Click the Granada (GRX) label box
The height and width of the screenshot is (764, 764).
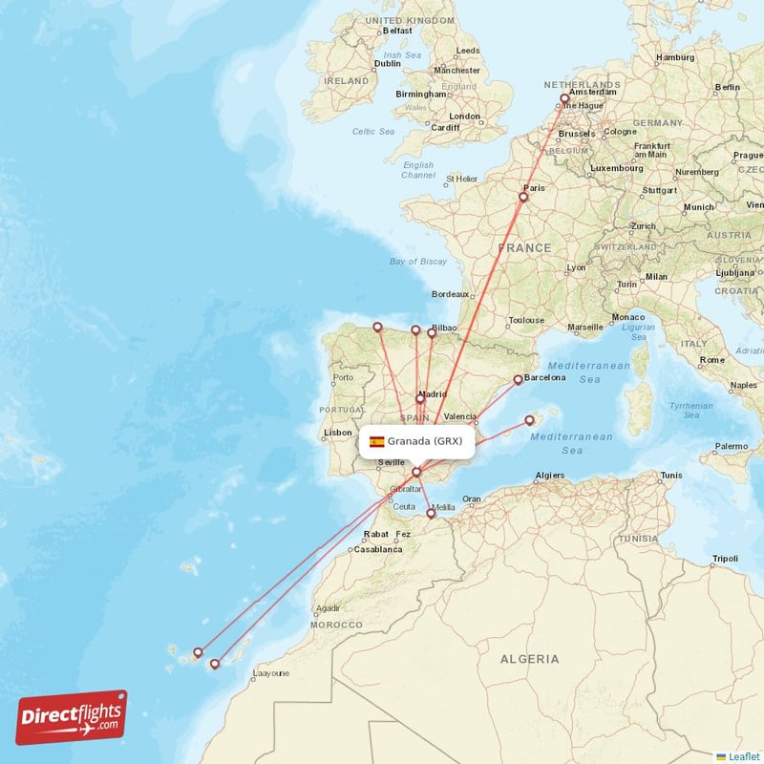[416, 441]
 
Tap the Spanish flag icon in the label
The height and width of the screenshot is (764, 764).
[377, 442]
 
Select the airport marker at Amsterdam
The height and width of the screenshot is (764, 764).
[564, 98]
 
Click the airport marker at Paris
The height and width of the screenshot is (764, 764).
[523, 198]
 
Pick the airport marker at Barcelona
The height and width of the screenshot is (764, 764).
[519, 379]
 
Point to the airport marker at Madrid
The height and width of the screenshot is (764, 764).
[420, 399]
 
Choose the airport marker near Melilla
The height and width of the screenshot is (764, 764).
[431, 514]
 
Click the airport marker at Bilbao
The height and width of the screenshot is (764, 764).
[432, 332]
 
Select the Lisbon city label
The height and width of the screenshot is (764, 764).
[338, 432]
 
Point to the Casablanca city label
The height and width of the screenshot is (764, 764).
[377, 550]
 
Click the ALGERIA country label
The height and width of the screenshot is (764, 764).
[530, 659]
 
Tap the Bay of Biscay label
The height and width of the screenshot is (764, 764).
[418, 261]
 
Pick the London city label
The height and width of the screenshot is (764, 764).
[465, 117]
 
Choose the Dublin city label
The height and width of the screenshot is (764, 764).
[361, 63]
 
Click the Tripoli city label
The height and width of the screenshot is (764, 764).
[725, 559]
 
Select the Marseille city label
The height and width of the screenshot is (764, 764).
[585, 327]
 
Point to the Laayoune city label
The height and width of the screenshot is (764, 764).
[270, 673]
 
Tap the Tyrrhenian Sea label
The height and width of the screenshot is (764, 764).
[691, 410]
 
